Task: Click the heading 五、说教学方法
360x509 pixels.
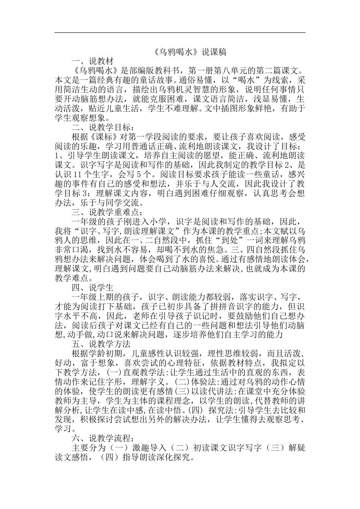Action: pyautogui.click(x=101, y=344)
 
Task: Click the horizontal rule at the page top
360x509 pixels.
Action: pyautogui.click(x=180, y=33)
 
